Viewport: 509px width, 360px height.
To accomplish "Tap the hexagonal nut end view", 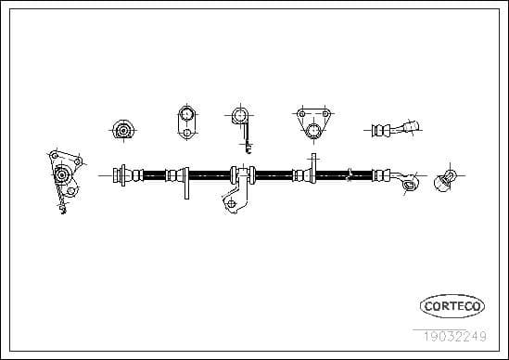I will tap(122, 130).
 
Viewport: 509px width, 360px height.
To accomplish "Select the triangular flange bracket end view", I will tap(313, 123).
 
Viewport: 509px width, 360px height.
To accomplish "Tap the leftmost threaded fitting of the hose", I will tap(121, 174).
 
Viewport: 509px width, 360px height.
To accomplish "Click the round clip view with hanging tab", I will tap(241, 122).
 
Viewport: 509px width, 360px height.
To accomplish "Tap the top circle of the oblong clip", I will tap(186, 115).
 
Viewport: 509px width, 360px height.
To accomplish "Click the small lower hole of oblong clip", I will tap(186, 132).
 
